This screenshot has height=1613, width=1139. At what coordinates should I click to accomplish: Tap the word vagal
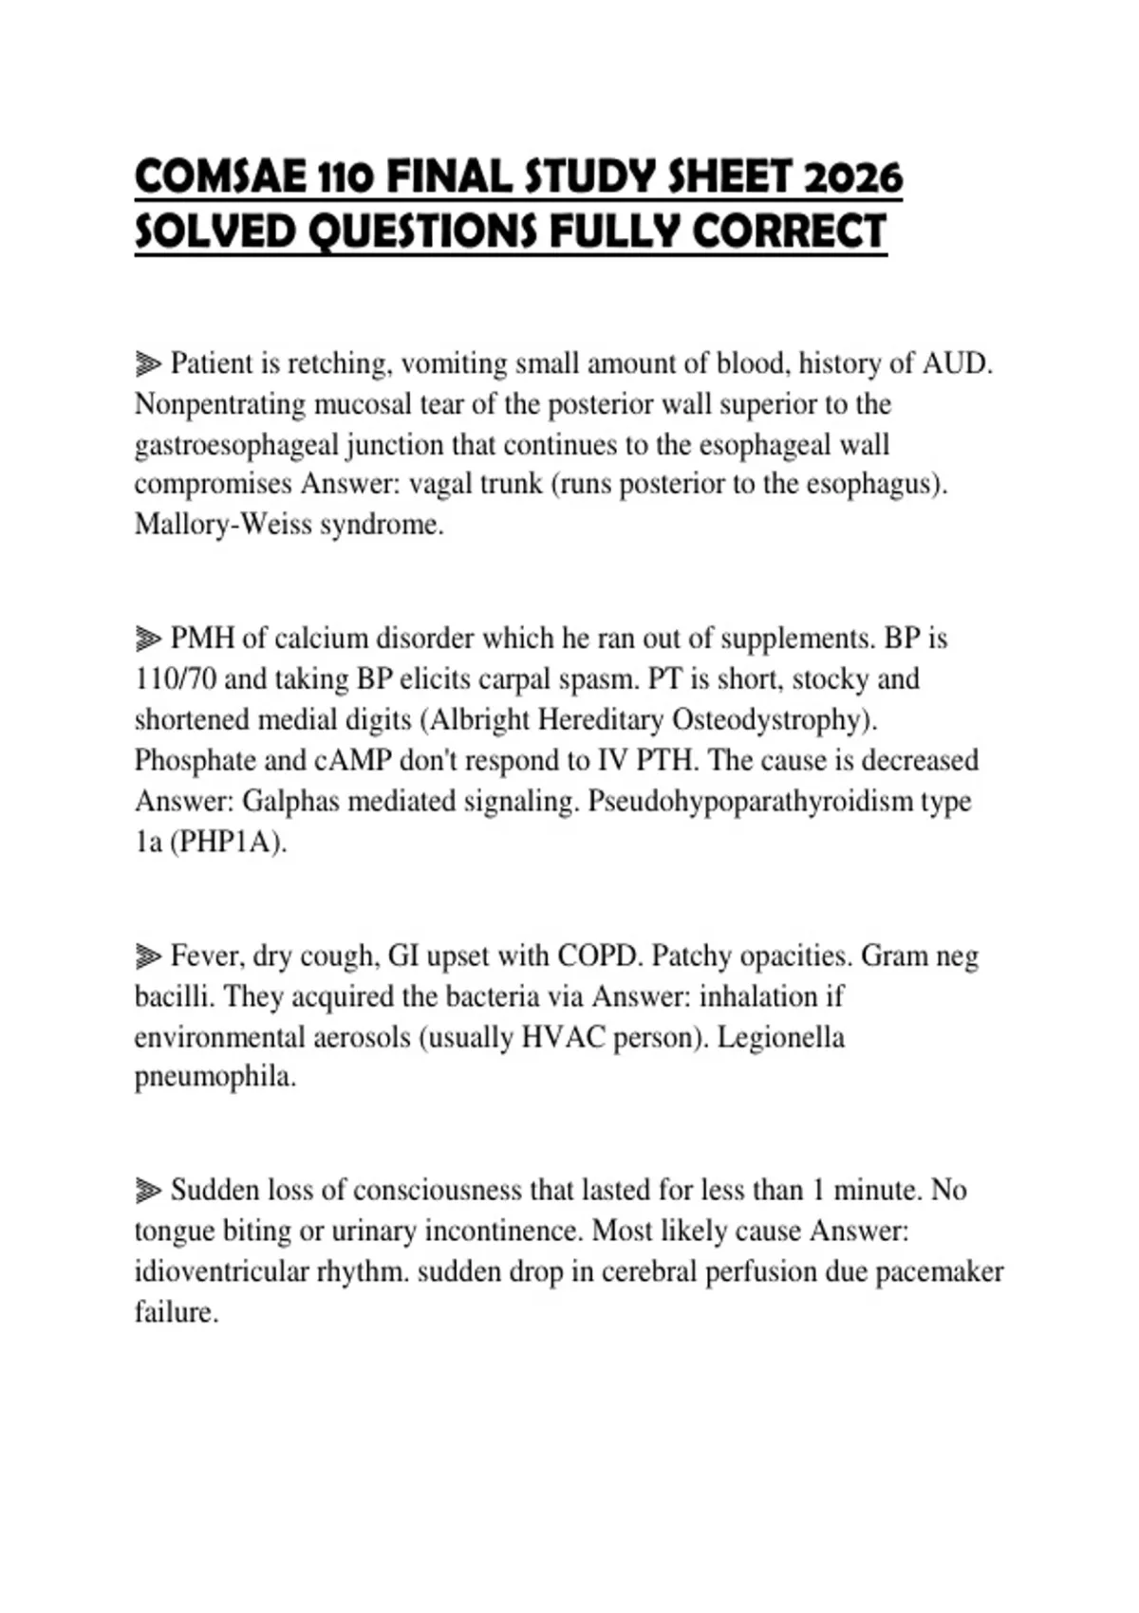(439, 484)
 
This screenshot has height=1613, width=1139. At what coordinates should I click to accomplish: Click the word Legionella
(780, 1037)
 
